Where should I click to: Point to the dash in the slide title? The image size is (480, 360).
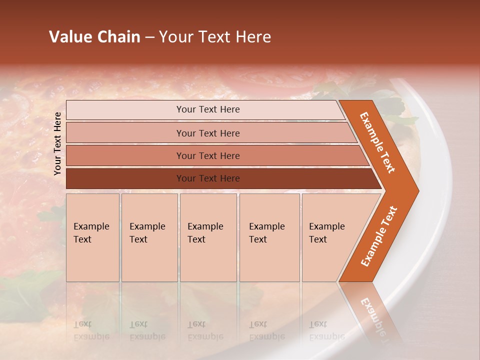[x=149, y=37]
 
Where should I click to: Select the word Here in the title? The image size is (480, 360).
[x=253, y=37]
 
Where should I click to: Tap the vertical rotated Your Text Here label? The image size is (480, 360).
[x=57, y=143]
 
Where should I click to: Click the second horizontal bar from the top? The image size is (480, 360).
[x=208, y=133]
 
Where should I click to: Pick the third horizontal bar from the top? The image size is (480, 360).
[x=208, y=155]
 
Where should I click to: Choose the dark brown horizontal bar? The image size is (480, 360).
[x=208, y=178]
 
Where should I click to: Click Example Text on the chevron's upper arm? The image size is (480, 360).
[x=377, y=142]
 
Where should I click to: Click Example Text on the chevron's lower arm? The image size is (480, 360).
[x=379, y=236]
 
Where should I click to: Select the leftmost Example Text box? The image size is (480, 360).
[x=92, y=237]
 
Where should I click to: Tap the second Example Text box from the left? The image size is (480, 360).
[x=149, y=237]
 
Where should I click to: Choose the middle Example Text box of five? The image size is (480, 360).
[x=208, y=237]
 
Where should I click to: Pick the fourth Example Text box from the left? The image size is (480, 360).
[x=269, y=237]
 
